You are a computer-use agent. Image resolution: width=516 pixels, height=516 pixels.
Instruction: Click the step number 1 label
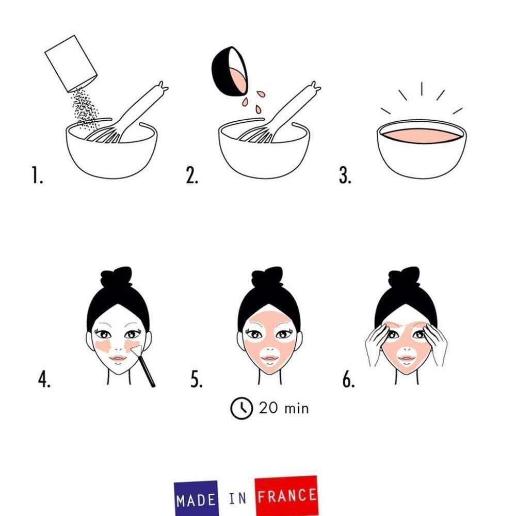[37, 175]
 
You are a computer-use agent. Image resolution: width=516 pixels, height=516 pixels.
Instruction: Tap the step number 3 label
[345, 175]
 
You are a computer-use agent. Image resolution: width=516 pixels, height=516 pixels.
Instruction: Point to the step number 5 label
[197, 379]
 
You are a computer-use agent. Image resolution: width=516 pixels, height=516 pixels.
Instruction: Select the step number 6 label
[348, 379]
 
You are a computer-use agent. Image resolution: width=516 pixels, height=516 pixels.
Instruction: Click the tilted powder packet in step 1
[71, 63]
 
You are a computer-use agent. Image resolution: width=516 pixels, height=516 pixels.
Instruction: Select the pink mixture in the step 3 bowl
[421, 135]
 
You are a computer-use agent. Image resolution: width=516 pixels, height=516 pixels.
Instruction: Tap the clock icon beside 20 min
[241, 408]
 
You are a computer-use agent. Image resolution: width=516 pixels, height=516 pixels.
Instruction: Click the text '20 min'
[284, 408]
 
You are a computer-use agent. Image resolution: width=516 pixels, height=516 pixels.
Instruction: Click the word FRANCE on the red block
[286, 496]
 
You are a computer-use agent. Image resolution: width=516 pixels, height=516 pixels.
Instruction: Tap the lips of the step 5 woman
[269, 358]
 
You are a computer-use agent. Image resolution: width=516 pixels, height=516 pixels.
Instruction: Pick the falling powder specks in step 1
[86, 107]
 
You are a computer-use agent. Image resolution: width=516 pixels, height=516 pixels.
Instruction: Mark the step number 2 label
[192, 175]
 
